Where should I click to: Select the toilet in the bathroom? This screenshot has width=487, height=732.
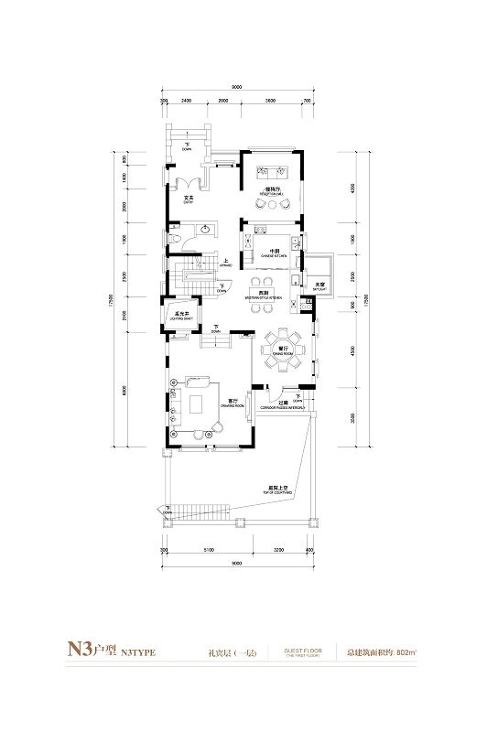coord(175,239)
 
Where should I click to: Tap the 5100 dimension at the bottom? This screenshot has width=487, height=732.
coord(209,552)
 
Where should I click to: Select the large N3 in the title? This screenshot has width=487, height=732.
coord(70,653)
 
